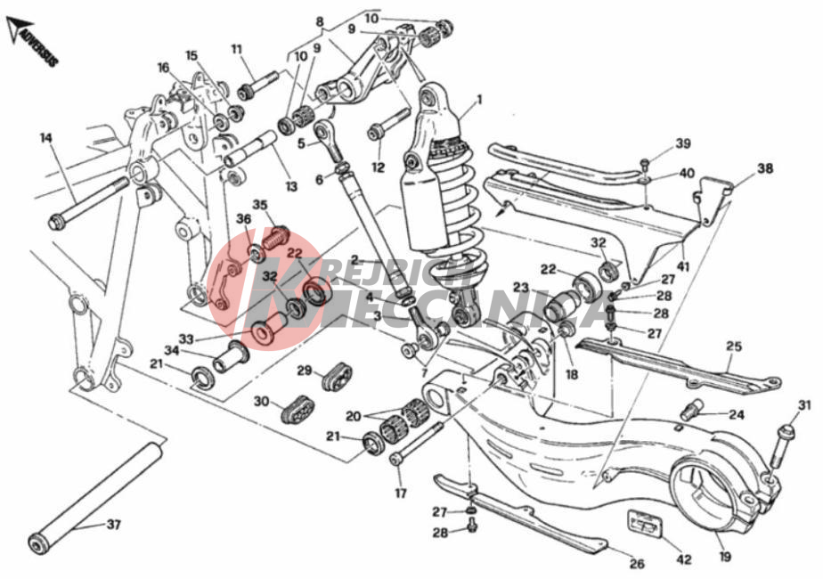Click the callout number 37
[113, 525]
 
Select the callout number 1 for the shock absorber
[478, 100]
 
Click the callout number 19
[725, 558]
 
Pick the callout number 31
[804, 406]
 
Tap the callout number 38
[765, 168]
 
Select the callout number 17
[400, 493]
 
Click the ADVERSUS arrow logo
[33, 43]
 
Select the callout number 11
[236, 49]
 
